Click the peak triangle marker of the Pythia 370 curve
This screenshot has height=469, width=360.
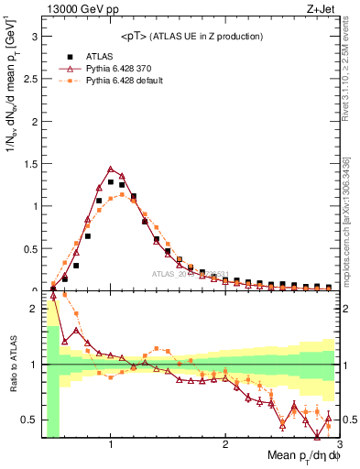tap(111, 169)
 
